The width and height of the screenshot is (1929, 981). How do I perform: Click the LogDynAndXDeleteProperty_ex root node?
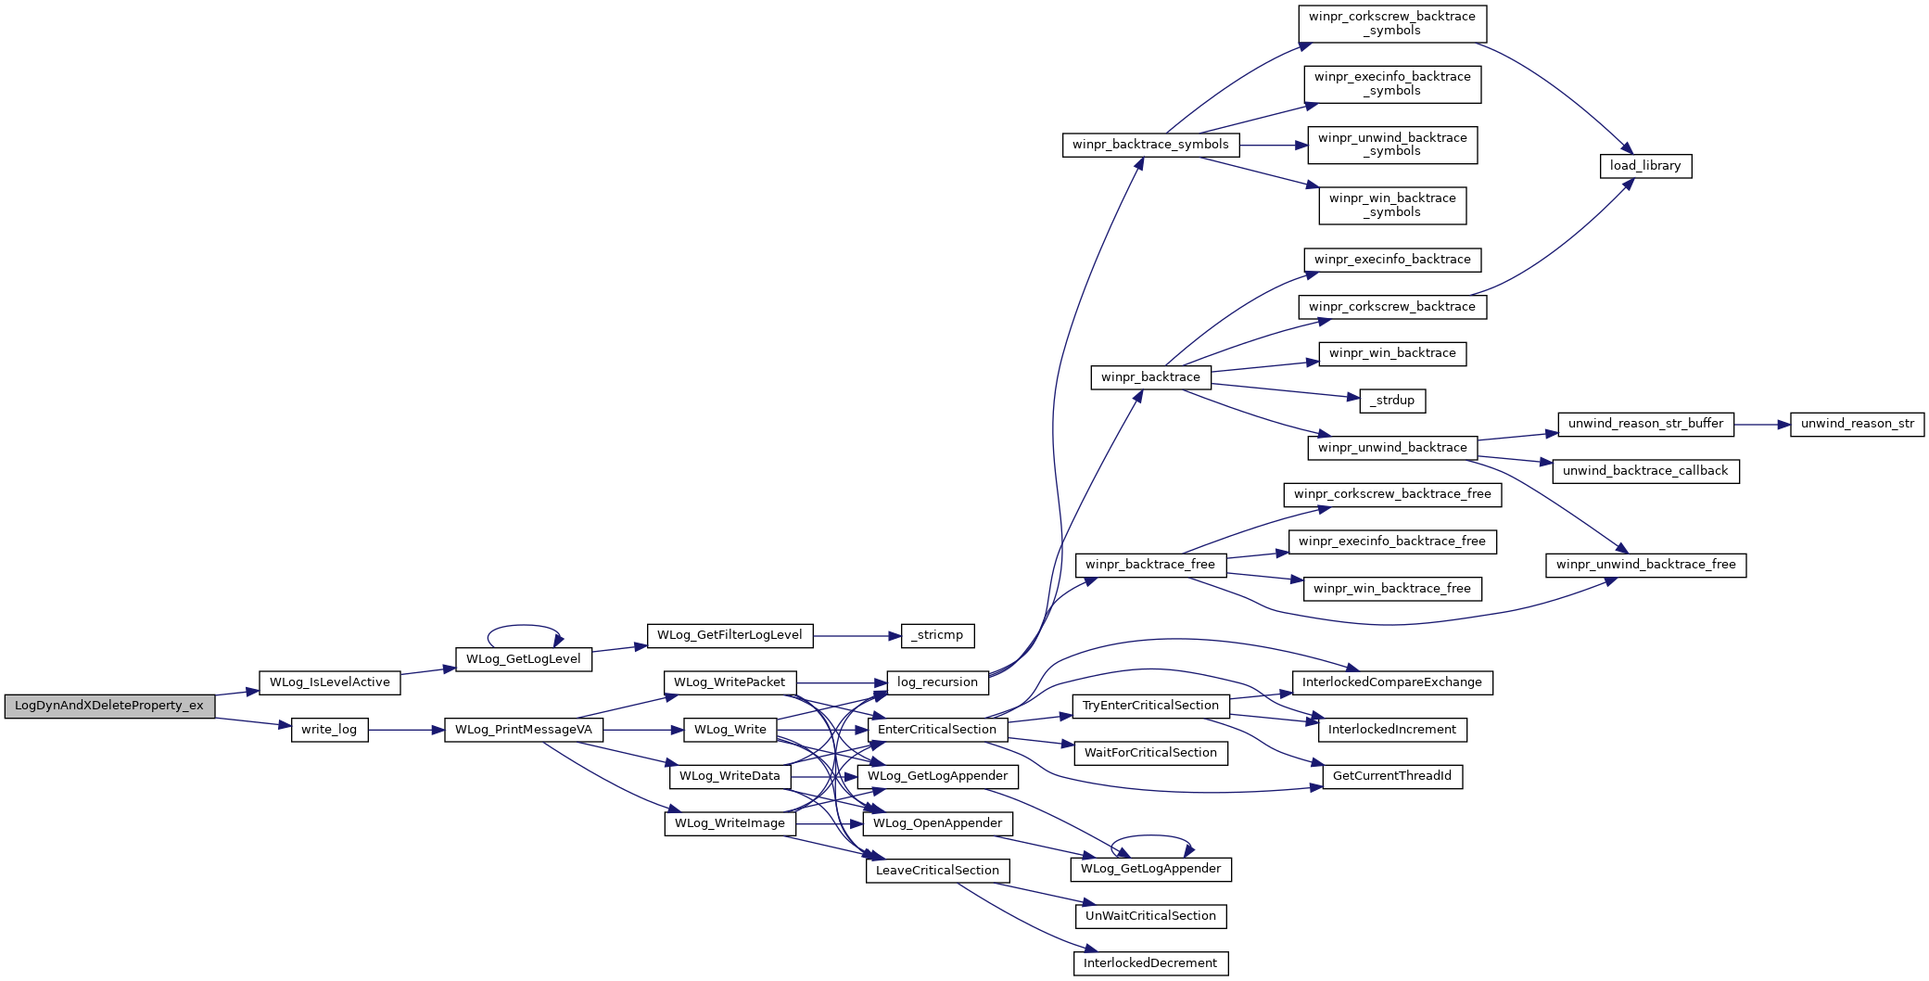coord(109,706)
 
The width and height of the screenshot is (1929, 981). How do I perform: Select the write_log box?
coord(329,730)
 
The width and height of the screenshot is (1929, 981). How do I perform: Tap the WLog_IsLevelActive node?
coord(330,682)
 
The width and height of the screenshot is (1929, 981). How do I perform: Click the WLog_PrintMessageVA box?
coord(524,730)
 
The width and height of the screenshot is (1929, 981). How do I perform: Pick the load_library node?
coord(1645,166)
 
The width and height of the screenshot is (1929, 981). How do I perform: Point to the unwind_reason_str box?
coord(1857,424)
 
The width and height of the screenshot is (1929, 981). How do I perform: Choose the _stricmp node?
coord(937,635)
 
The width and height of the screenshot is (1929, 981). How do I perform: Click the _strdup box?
coord(1392,401)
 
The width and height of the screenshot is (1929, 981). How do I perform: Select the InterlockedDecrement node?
coord(1150,963)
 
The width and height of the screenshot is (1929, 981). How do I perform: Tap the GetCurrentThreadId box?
coord(1392,776)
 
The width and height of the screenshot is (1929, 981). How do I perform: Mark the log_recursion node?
coord(937,682)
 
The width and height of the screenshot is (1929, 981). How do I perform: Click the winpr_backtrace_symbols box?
coord(1150,145)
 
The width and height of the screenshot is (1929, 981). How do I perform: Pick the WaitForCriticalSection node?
coord(1150,753)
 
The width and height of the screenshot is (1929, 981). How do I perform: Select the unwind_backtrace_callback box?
coord(1645,471)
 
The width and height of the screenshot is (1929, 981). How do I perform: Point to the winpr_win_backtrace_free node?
coord(1392,589)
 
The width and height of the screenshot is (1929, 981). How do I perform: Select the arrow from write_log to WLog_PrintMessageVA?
coord(406,730)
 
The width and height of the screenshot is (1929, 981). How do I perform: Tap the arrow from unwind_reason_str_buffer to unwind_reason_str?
coord(1762,424)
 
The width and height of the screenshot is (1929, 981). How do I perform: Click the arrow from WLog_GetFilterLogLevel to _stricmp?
coord(857,635)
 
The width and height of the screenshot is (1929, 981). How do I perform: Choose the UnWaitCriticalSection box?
coord(1150,916)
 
